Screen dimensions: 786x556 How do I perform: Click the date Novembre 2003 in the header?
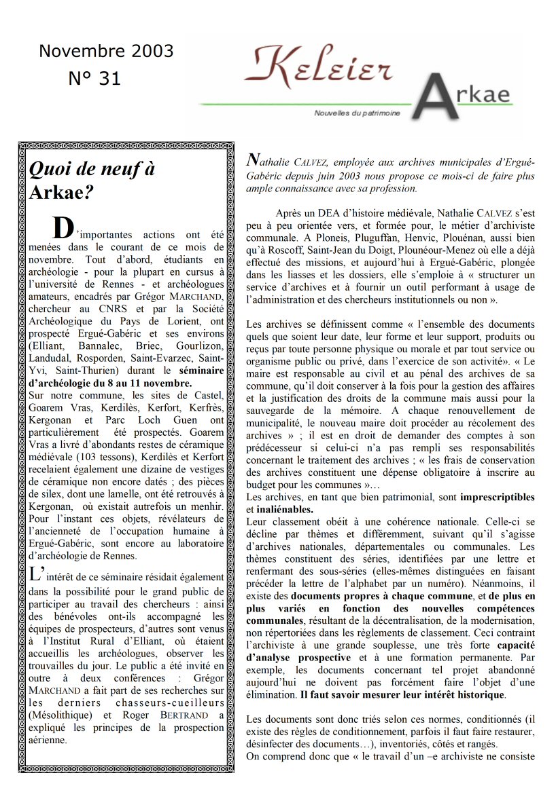[x=106, y=52]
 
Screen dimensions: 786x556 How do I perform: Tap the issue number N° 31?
[x=94, y=79]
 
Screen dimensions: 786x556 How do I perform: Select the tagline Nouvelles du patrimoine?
[x=358, y=113]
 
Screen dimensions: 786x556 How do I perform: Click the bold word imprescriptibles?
[x=498, y=498]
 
